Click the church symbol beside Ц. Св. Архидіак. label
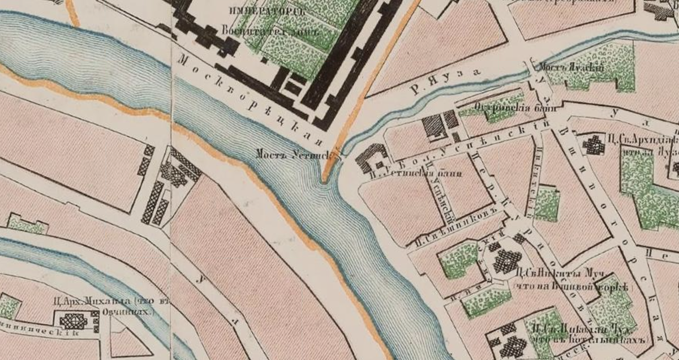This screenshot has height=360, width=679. point(594,145)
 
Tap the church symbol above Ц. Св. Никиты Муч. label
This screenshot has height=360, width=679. point(507,260)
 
